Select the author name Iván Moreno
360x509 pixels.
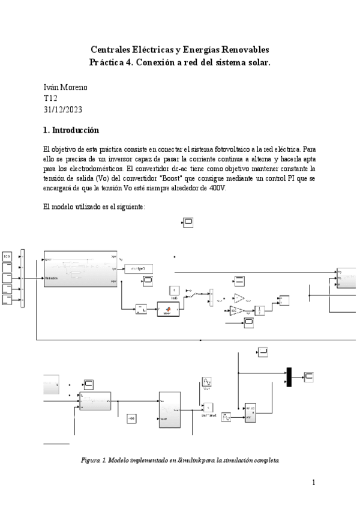tap(65, 87)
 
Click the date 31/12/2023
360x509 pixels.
tap(63, 109)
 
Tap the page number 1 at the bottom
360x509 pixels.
tap(314, 482)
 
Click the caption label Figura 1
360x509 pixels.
tap(94, 460)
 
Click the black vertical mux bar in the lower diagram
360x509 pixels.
tap(289, 376)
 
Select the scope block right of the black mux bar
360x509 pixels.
tap(308, 376)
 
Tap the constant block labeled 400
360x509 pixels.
tap(132, 418)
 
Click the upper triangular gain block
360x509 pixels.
tap(239, 298)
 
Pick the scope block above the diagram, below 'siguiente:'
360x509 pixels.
tap(187, 223)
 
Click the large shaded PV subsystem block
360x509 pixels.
tap(80, 268)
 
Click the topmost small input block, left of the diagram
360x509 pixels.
tap(8, 257)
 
